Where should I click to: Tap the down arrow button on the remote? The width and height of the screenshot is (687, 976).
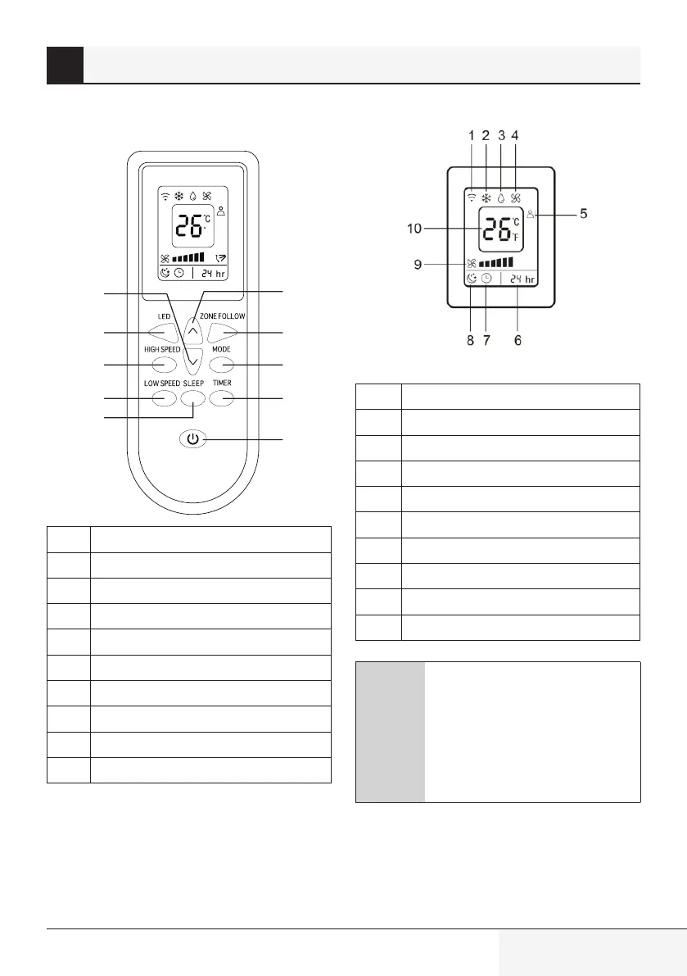[x=192, y=358]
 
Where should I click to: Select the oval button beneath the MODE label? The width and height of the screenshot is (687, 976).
[x=221, y=365]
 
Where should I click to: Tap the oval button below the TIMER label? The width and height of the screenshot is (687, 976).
[x=221, y=399]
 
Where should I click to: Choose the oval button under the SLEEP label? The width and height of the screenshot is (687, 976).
[x=192, y=399]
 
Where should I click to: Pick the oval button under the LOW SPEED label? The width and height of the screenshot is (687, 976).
[x=164, y=399]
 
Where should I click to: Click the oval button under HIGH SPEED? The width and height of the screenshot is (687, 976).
[x=164, y=365]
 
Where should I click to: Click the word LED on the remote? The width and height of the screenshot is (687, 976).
[x=164, y=316]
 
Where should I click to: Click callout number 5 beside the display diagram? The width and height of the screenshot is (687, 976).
[x=584, y=215]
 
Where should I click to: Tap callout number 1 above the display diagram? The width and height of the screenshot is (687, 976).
[x=472, y=135]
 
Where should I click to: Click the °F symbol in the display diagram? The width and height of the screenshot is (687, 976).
[x=515, y=238]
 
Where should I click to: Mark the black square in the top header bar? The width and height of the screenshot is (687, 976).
[x=65, y=65]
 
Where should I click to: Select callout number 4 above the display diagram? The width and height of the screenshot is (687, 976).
[x=514, y=135]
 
